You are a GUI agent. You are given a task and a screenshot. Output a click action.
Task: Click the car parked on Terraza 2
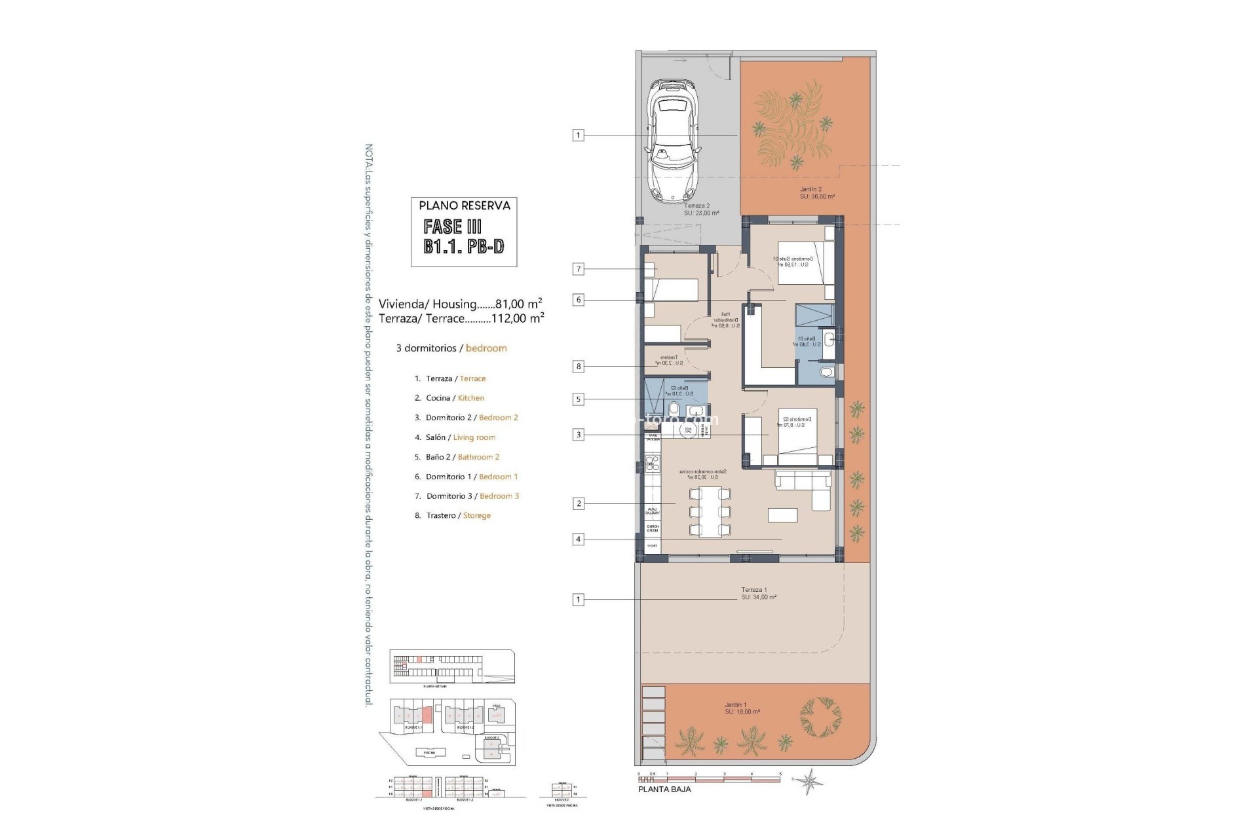673,141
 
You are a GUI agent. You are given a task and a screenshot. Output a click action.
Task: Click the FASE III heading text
453,227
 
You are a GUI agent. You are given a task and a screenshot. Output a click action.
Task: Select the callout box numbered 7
578,269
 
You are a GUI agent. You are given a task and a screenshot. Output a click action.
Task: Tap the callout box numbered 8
578,367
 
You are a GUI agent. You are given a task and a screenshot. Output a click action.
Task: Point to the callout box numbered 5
578,399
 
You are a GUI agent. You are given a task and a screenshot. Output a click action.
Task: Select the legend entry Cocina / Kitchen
455,398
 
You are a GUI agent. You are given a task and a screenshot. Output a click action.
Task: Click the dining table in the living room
710,512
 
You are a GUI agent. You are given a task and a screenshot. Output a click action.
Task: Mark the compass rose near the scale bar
810,780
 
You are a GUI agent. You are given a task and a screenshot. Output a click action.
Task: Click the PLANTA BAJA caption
664,790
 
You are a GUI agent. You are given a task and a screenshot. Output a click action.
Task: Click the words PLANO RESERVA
465,206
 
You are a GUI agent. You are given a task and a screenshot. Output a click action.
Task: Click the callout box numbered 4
578,539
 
